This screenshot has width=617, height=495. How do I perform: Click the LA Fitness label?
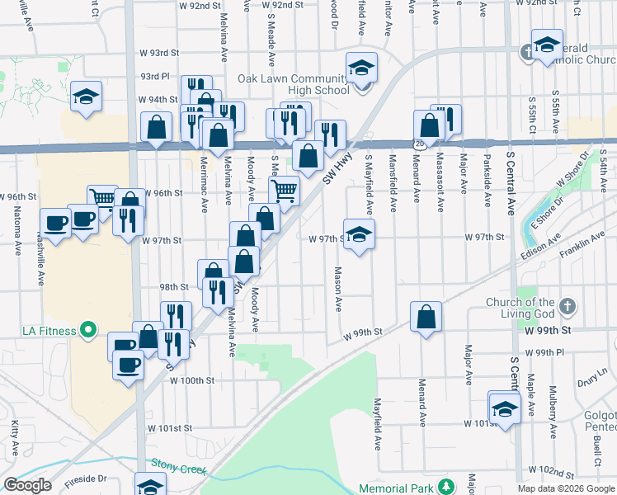[48, 332]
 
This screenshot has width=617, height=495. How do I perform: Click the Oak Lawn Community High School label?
[293, 84]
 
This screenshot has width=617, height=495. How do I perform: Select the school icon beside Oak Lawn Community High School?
[360, 69]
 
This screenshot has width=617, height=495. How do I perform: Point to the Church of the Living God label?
[520, 308]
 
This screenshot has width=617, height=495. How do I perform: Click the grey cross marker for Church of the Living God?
[566, 308]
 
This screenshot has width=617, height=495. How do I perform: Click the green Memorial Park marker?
[445, 486]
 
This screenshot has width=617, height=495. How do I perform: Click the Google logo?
[27, 485]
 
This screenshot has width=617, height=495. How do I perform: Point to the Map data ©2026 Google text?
[566, 488]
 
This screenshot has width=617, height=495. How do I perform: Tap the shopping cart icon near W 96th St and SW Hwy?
[284, 191]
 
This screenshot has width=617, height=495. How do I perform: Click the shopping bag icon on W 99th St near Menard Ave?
[426, 317]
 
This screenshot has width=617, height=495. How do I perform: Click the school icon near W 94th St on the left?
[86, 97]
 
